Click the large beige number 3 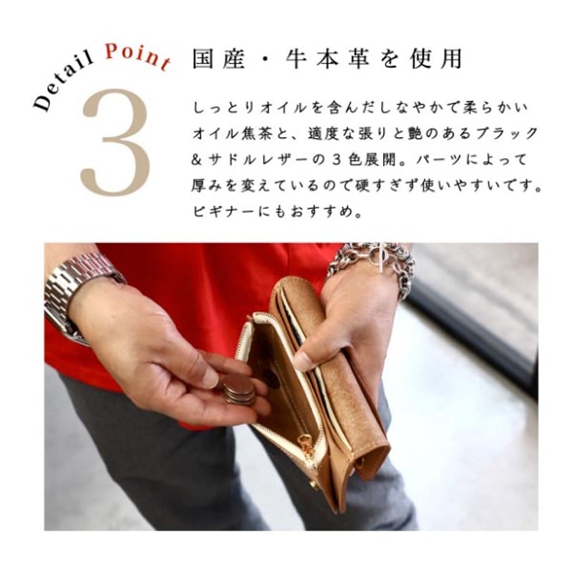(116, 142)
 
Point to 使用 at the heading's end (435, 59)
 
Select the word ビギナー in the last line (223, 212)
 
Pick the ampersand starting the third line (197, 160)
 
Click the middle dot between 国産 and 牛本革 (265, 59)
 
